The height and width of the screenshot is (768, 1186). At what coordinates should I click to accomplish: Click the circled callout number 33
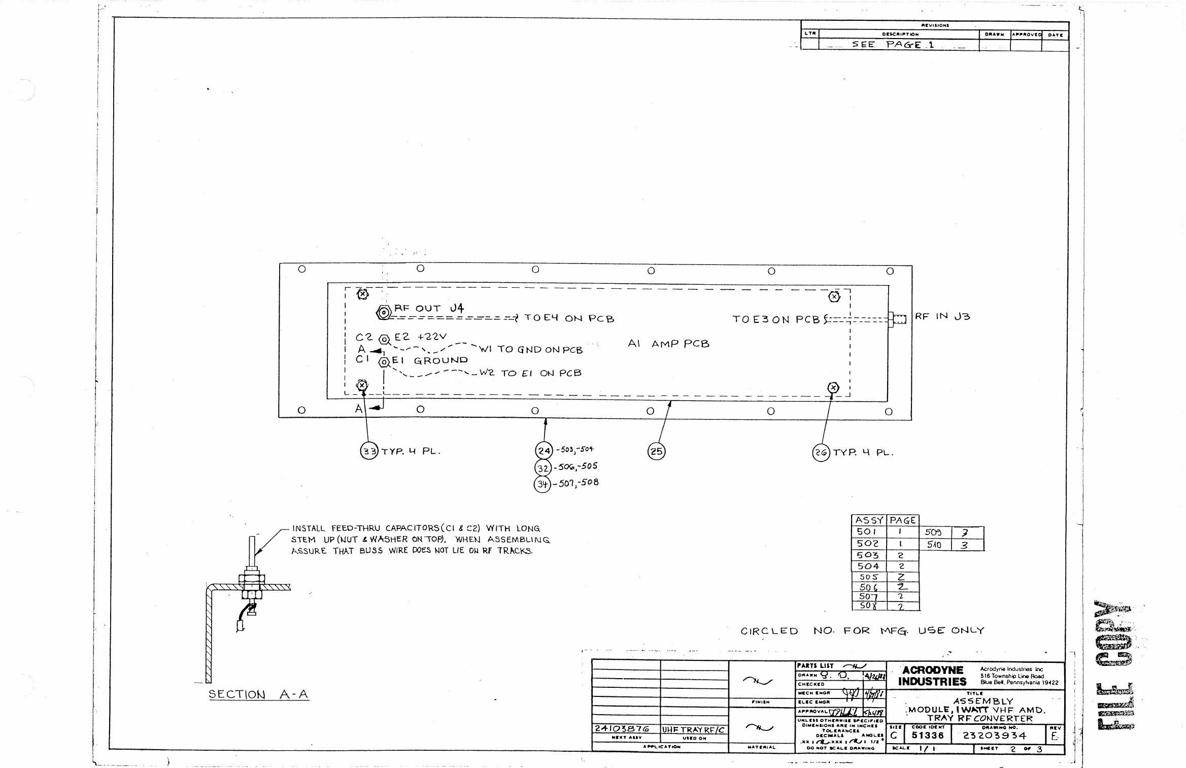[369, 451]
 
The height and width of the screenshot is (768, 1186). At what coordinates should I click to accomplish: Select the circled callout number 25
[656, 451]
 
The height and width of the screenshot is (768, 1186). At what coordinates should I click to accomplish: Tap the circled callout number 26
[821, 452]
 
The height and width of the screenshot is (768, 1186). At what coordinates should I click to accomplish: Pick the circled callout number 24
[544, 450]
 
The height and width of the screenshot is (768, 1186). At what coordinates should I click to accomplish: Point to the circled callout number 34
[543, 485]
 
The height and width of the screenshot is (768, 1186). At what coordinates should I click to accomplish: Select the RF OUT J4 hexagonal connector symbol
[384, 313]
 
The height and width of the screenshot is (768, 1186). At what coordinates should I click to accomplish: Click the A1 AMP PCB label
[668, 344]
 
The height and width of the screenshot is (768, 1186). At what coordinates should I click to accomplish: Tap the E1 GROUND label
[429, 360]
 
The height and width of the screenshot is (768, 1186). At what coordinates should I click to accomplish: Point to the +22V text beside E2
[432, 337]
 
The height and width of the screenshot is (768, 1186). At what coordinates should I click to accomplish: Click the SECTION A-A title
[258, 694]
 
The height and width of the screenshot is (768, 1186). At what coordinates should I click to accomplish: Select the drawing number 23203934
[994, 736]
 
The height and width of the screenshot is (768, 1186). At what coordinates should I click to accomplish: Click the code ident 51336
[928, 736]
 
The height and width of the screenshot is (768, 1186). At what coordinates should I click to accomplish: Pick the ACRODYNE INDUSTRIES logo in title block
[932, 676]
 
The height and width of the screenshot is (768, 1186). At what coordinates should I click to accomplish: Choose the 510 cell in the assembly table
[934, 545]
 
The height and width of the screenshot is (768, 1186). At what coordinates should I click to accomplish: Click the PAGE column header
[903, 520]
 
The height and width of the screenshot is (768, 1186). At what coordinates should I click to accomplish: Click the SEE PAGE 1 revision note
[893, 45]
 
